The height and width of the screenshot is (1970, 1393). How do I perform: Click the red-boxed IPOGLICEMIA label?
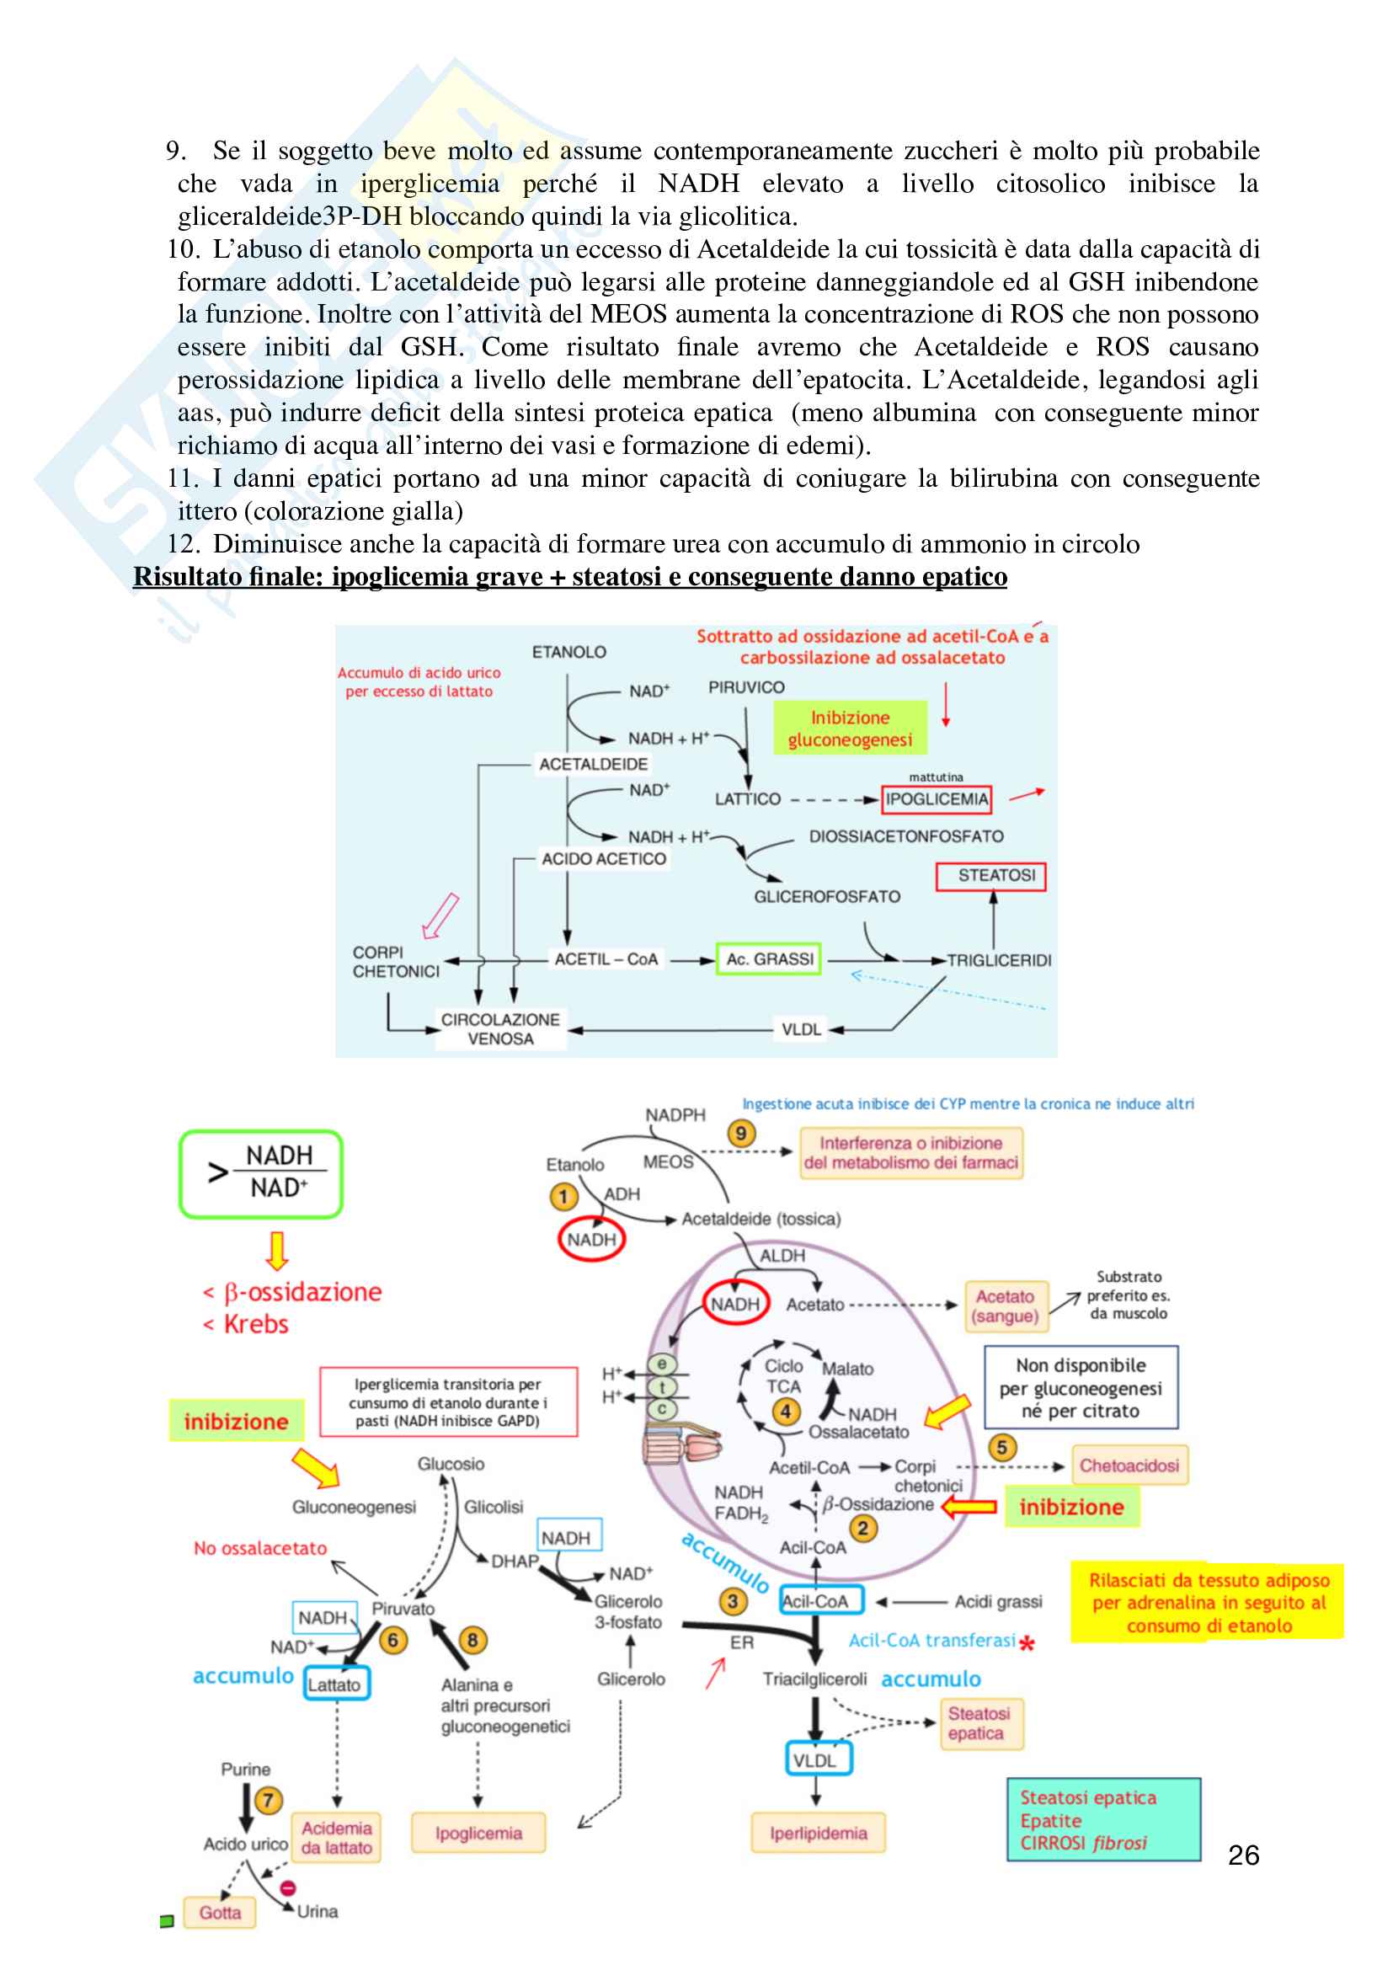[x=937, y=799]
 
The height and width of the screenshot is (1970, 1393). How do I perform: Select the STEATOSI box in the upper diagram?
[x=990, y=876]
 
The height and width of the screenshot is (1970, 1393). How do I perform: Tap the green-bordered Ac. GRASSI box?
[x=769, y=959]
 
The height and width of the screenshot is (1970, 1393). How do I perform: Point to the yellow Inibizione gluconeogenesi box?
[x=850, y=729]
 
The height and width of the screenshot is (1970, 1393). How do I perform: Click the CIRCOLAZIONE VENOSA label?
[x=500, y=1028]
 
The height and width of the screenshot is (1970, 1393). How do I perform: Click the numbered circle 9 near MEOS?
[x=741, y=1134]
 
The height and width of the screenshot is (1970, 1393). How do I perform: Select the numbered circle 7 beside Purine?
[x=269, y=1800]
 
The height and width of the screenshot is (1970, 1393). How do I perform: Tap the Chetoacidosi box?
[x=1129, y=1465]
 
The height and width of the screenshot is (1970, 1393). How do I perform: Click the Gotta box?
[x=221, y=1913]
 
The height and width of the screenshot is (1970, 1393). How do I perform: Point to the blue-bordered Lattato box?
[x=335, y=1684]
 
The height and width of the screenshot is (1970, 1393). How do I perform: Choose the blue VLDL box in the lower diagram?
[x=815, y=1760]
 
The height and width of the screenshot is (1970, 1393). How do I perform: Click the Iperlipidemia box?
[x=819, y=1834]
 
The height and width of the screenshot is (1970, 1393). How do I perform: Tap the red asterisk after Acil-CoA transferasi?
[x=1027, y=1644]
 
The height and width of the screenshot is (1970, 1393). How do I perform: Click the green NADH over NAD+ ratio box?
[x=261, y=1173]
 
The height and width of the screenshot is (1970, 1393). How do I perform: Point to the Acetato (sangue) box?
[x=1006, y=1306]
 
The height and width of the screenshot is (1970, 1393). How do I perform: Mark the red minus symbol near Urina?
[x=288, y=1888]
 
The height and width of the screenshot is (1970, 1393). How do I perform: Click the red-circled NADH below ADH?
[x=591, y=1239]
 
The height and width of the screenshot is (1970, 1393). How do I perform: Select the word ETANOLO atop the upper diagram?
[x=568, y=652]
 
